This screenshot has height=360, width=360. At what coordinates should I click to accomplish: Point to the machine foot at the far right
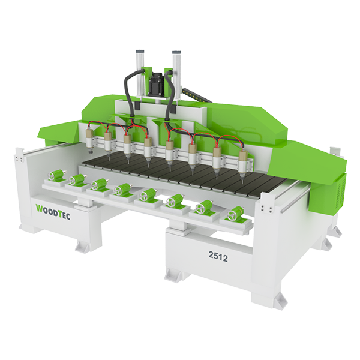pyautogui.click(x=324, y=243)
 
